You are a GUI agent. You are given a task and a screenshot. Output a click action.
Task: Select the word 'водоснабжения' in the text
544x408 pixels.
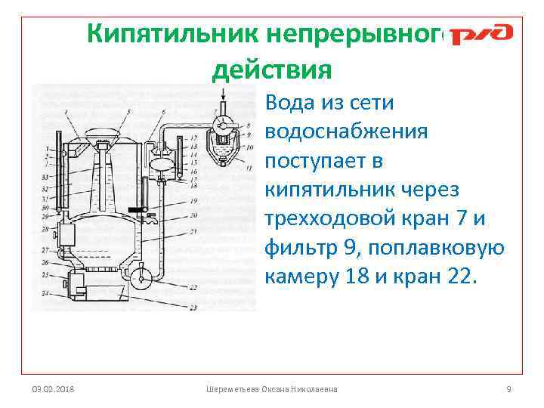click(347, 131)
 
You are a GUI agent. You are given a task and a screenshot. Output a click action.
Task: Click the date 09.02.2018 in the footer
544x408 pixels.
click(53, 388)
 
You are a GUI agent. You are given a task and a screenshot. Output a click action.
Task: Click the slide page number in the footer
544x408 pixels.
click(508, 388)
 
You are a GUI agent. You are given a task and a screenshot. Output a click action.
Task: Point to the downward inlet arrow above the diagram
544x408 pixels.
click(223, 94)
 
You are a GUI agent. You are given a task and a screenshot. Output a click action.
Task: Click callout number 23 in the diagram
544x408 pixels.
click(194, 308)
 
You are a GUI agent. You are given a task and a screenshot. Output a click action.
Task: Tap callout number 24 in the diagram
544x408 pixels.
click(45, 292)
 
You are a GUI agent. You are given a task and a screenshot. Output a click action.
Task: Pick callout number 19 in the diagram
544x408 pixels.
click(194, 201)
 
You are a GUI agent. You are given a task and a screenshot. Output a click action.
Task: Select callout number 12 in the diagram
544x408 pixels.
click(194, 138)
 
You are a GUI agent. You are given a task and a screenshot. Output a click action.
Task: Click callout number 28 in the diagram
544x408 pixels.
click(45, 227)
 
